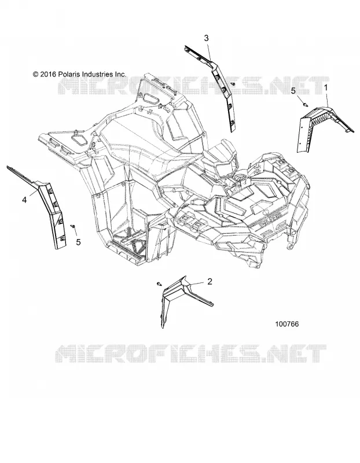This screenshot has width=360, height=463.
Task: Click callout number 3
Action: (206, 38)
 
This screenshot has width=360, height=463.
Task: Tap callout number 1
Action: (326, 88)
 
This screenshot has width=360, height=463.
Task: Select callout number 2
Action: (210, 281)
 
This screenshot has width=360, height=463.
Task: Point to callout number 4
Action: (24, 200)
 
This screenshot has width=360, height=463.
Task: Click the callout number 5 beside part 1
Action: (293, 91)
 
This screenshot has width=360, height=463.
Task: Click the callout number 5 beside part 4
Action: (78, 242)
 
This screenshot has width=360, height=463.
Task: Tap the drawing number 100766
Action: (286, 324)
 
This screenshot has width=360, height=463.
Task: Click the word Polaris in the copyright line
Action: (69, 74)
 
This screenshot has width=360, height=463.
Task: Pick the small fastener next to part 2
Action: (160, 284)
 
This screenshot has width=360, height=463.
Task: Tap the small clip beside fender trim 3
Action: (233, 84)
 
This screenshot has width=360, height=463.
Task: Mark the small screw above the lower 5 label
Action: (73, 226)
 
